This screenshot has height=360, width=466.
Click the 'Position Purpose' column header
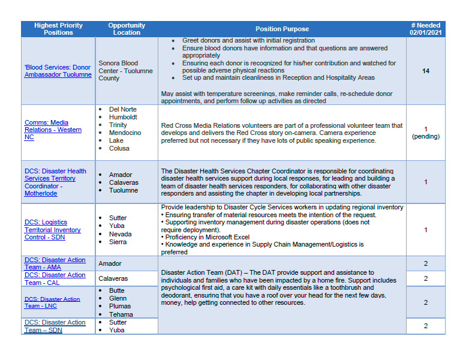click(x=282, y=29)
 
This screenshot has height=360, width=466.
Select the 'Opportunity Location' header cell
click(x=127, y=29)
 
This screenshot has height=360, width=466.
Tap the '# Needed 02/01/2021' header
click(x=425, y=29)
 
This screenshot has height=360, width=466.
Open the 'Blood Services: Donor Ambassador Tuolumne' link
click(x=58, y=71)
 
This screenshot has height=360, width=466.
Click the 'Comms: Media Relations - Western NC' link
click(x=53, y=130)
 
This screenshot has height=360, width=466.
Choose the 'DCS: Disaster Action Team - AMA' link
click(x=55, y=263)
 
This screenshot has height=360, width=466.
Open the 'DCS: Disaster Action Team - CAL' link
click(x=55, y=278)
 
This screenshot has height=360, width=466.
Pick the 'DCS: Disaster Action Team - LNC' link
click(x=52, y=302)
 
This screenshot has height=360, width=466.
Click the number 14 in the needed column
click(x=426, y=71)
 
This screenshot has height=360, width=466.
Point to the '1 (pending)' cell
click(x=425, y=133)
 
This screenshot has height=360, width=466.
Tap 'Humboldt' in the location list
click(x=124, y=117)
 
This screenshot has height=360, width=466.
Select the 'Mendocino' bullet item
click(x=125, y=133)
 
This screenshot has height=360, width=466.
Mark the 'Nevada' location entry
click(x=120, y=234)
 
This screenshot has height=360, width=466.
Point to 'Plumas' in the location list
click(x=121, y=306)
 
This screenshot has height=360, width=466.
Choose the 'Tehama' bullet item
click(x=121, y=314)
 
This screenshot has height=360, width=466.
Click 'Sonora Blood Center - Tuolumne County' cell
click(x=125, y=71)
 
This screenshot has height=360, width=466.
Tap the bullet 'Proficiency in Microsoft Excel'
click(x=207, y=237)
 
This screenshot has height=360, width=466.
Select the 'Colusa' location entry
click(x=120, y=148)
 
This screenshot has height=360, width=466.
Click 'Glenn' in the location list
click(x=118, y=298)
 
